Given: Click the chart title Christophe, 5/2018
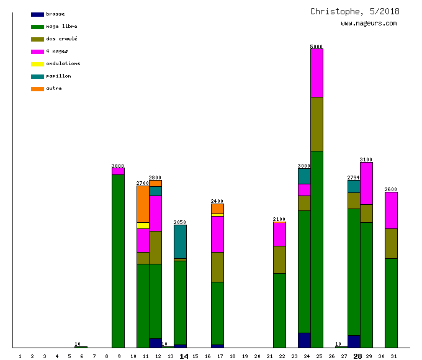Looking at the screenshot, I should (x=355, y=12).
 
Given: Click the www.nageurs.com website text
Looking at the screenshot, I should (x=369, y=24).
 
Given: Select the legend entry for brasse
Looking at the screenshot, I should (x=55, y=14).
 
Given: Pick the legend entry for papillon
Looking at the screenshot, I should (x=58, y=76).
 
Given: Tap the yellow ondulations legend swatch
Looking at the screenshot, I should (x=37, y=64).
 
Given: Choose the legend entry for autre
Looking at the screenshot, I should (x=53, y=88).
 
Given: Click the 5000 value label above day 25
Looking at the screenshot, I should (x=316, y=47).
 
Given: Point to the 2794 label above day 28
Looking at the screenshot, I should (x=354, y=178).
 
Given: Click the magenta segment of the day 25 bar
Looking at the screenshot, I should (x=316, y=73).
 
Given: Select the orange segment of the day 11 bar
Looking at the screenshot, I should (x=143, y=204).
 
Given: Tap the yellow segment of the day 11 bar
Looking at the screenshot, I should (x=143, y=225).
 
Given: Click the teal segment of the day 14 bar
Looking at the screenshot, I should (x=180, y=241).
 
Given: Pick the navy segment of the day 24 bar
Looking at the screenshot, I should (x=304, y=340).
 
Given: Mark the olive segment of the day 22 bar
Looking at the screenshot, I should (x=279, y=259).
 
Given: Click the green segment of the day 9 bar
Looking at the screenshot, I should (x=118, y=261).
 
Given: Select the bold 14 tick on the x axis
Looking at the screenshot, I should (x=184, y=356).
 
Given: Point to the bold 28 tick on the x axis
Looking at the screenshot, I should (x=357, y=356).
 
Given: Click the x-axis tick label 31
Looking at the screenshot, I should (x=393, y=356).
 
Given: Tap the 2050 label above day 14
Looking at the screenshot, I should (x=180, y=222).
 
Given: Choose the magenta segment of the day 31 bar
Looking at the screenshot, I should (x=391, y=210).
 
